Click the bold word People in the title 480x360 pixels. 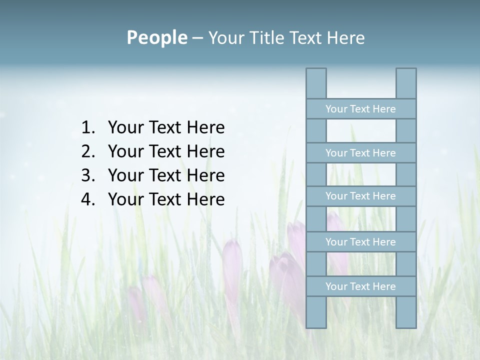coord(156,37)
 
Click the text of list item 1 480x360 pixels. coord(166,128)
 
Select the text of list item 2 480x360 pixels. coord(166,151)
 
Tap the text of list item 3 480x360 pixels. coord(166,175)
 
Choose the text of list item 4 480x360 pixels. coord(166,199)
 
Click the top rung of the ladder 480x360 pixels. coord(360,109)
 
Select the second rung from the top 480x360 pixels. coord(360,153)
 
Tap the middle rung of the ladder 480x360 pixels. coord(360,196)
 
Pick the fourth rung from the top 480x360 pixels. coord(360,242)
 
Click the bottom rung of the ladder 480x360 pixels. coord(360,286)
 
